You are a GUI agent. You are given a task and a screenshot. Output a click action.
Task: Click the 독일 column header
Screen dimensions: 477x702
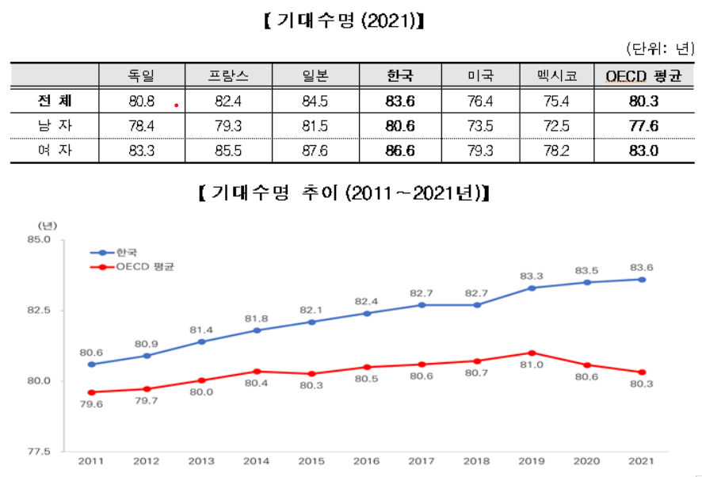(141, 76)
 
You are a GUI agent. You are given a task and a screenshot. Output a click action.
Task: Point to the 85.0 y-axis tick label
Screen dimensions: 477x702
(39, 238)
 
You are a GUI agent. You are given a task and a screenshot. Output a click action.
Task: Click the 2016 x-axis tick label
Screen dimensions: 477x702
(367, 461)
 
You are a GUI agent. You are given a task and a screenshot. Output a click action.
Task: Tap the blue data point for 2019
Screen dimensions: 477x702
(532, 288)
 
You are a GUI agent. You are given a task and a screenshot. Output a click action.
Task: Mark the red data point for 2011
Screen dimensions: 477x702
(92, 392)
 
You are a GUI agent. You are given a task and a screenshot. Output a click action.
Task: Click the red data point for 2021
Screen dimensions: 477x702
(642, 372)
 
